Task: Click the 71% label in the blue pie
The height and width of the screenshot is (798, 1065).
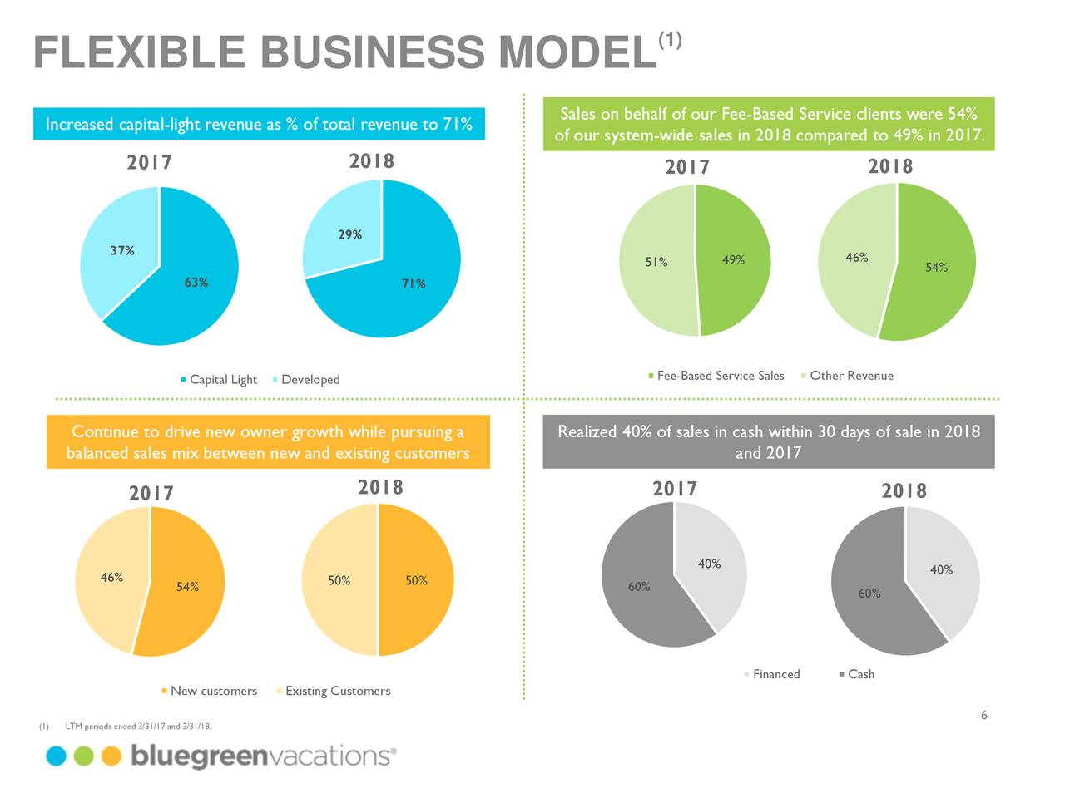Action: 414,283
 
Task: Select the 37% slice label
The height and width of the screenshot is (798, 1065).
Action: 122,250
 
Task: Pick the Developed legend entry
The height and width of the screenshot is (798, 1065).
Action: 310,380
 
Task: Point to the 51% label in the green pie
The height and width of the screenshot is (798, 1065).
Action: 656,262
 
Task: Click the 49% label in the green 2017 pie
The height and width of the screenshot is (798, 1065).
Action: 733,260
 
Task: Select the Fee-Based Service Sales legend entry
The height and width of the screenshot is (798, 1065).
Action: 720,376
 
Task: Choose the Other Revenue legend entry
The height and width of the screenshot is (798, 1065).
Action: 850,376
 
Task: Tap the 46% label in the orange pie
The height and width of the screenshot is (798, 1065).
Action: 111,577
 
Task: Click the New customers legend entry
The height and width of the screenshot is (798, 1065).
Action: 213,691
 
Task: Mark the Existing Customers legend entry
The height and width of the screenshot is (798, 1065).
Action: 337,691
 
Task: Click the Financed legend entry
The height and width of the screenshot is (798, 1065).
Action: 775,674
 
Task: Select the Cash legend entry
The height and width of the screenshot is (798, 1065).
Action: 860,674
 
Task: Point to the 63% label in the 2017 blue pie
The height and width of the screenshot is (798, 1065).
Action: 196,283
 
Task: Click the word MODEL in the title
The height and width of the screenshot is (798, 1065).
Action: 574,53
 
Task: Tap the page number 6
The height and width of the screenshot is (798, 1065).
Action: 983,716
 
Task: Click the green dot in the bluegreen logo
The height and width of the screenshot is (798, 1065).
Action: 83,756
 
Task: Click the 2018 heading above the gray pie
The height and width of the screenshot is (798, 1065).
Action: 904,490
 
